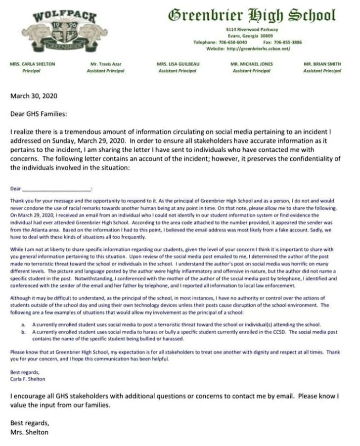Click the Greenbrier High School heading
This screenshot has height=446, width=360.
252,15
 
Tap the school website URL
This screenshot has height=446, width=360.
263,48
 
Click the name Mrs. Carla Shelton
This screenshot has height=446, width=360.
32,64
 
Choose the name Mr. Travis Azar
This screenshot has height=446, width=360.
105,64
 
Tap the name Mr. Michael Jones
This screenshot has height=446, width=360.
251,64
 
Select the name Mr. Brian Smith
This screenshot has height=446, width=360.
322,64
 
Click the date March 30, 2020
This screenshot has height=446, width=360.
34,96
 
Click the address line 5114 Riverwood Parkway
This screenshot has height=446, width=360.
252,30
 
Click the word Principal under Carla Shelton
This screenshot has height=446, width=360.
31,71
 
